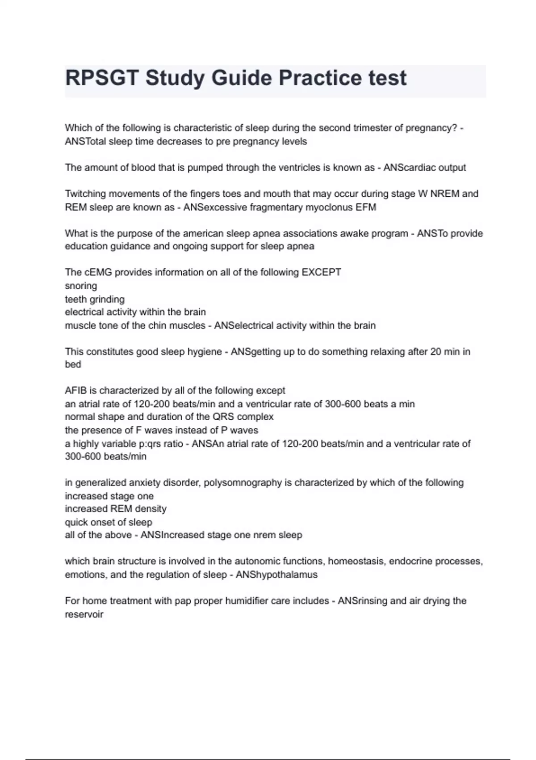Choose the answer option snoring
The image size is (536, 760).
pyautogui.click(x=81, y=286)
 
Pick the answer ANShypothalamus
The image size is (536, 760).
pyautogui.click(x=276, y=575)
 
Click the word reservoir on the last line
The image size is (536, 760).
pyautogui.click(x=84, y=615)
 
